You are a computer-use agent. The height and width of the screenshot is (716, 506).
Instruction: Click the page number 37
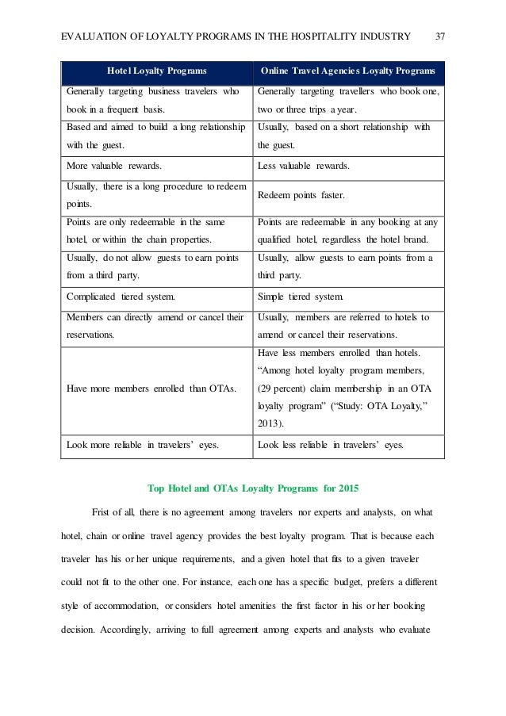click(440, 36)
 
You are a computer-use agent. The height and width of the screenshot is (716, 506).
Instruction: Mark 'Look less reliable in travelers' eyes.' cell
click(331, 445)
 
